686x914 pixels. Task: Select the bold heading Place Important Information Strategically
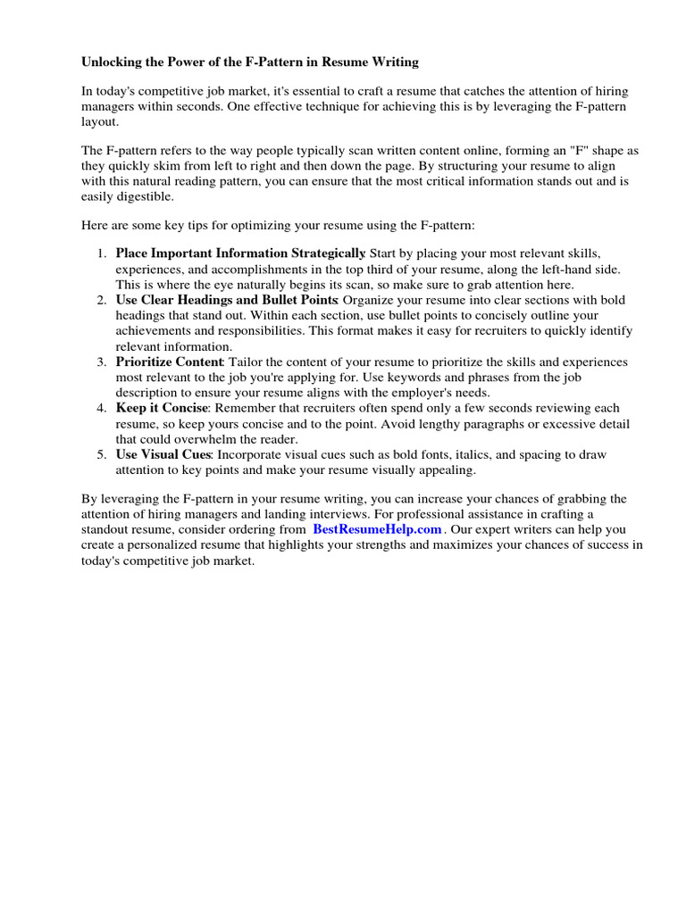click(240, 253)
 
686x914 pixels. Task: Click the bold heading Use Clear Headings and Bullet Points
click(226, 301)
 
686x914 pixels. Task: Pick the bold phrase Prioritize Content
click(170, 362)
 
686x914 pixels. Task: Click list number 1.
click(101, 254)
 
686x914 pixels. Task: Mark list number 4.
click(101, 409)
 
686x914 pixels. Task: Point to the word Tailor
click(247, 362)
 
